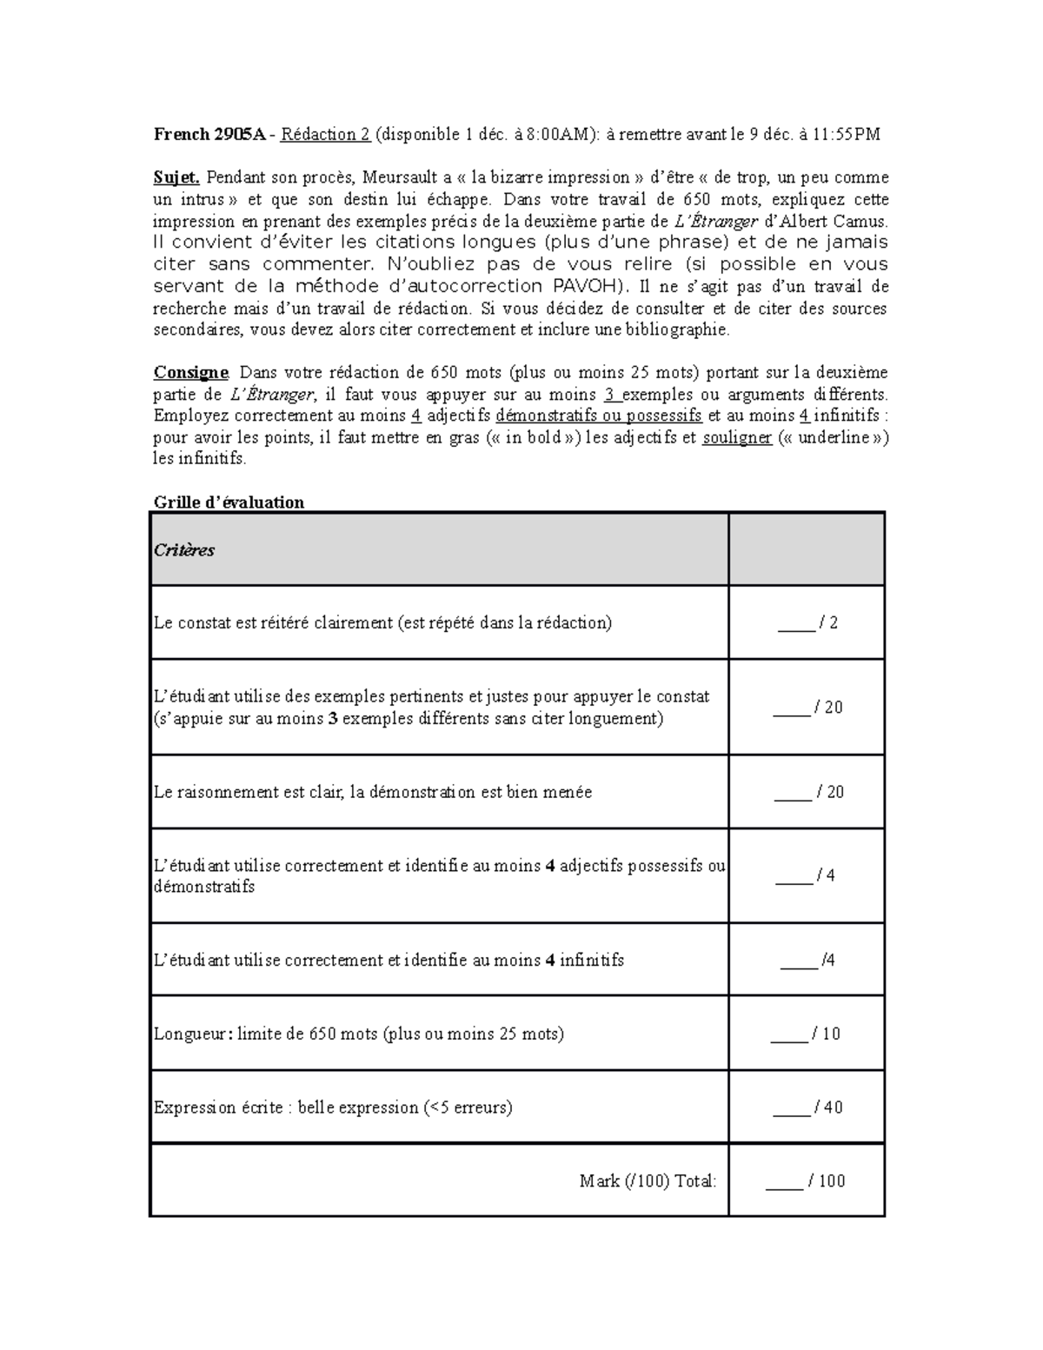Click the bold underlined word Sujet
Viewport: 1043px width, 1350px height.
pyautogui.click(x=177, y=177)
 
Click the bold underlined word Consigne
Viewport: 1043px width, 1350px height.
pyautogui.click(x=190, y=373)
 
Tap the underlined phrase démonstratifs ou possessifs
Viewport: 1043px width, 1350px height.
pyautogui.click(x=598, y=416)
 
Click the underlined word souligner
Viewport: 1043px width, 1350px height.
pyautogui.click(x=737, y=437)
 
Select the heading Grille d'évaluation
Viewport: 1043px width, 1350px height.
pyautogui.click(x=229, y=502)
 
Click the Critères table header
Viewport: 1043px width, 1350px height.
pyautogui.click(x=184, y=550)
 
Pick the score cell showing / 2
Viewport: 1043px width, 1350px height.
pyautogui.click(x=807, y=622)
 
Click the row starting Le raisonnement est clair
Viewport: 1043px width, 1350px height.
pyautogui.click(x=372, y=792)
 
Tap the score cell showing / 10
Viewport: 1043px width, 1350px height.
pyautogui.click(x=807, y=1034)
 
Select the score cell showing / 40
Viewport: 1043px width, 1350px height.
pyautogui.click(x=807, y=1107)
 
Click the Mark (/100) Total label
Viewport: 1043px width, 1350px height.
pyautogui.click(x=648, y=1180)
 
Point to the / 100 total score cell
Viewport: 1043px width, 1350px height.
pyautogui.click(x=807, y=1180)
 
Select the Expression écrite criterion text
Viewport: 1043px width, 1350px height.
pyautogui.click(x=333, y=1107)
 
